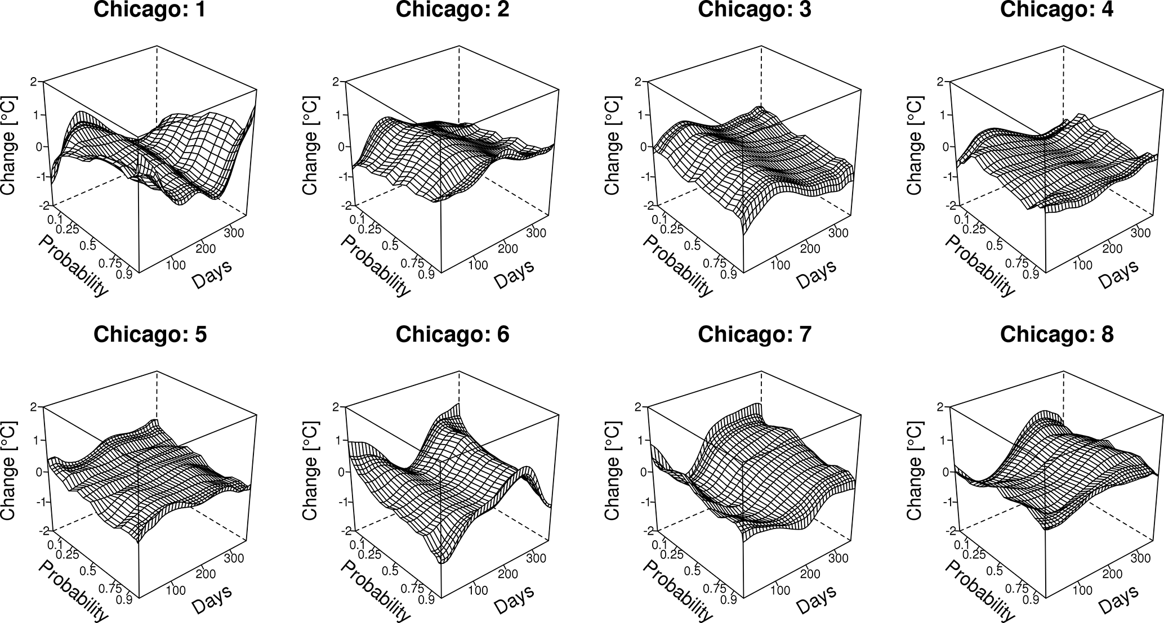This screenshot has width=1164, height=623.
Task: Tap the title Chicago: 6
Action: [452, 334]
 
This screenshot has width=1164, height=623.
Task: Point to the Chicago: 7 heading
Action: [755, 334]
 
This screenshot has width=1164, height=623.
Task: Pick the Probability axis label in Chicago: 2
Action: [375, 265]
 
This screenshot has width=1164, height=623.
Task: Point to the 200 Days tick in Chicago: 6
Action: [509, 573]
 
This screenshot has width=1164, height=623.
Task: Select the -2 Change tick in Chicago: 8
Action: [938, 531]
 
